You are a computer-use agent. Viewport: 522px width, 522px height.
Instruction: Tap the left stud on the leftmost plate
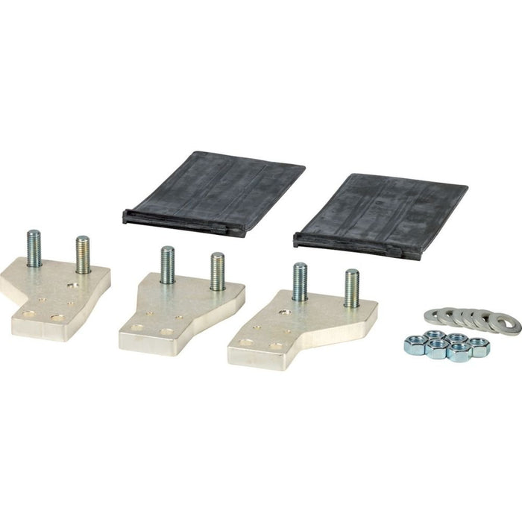[34, 249]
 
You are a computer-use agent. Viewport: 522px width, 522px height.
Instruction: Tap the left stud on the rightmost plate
[300, 282]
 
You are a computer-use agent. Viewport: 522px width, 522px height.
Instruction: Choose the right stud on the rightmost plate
[351, 288]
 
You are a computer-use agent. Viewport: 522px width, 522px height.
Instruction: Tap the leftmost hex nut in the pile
[415, 344]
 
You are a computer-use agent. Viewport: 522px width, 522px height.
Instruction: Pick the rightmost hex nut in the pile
[479, 346]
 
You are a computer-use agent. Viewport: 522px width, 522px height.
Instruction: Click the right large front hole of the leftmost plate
[57, 318]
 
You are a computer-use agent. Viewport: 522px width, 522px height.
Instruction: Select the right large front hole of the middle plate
[167, 332]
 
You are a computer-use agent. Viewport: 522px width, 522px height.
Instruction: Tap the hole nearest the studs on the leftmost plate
[72, 284]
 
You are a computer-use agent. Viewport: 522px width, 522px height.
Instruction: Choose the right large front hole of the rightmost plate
[277, 345]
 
